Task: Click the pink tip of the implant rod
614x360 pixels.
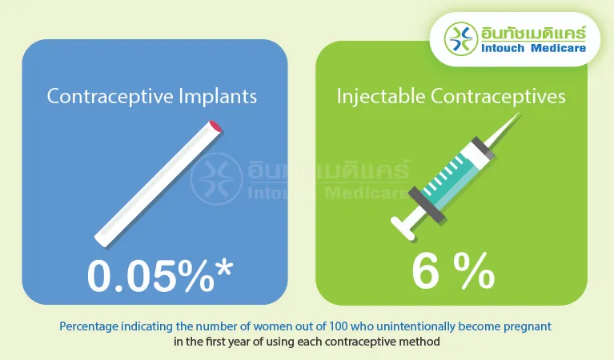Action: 213,126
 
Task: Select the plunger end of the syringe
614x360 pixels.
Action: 403,227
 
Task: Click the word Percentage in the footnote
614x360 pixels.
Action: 86,327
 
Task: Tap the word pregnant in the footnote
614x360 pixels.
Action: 529,327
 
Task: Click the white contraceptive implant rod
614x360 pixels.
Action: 156,182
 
